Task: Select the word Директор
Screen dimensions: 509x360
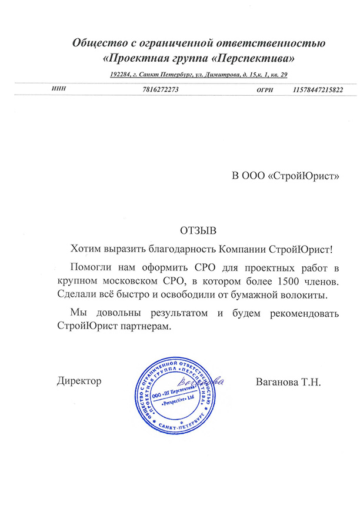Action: tap(79, 381)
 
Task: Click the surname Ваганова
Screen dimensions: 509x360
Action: tap(278, 381)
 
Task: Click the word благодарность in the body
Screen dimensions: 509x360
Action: tap(176, 249)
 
